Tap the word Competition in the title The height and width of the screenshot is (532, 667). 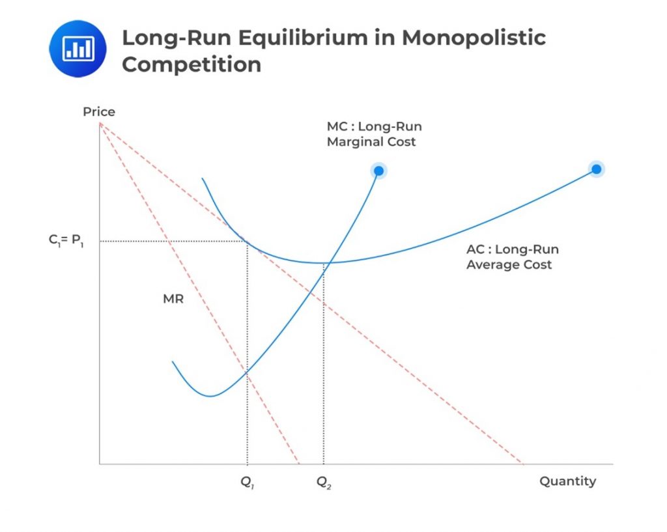[192, 64]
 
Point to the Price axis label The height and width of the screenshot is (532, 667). [99, 112]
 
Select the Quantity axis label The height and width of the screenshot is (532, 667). [567, 481]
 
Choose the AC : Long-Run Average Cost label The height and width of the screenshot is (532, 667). [512, 257]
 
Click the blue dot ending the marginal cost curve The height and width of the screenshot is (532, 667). [378, 171]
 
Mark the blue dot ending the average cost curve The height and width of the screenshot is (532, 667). [596, 169]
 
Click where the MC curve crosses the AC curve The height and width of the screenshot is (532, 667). [329, 262]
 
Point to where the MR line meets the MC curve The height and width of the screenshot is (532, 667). [248, 372]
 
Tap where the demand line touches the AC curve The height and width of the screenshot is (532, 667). [248, 242]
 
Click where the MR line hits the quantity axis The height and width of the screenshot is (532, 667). [299, 464]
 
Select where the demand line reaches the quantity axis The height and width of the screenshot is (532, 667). [523, 464]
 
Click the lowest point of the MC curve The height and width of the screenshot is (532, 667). [210, 395]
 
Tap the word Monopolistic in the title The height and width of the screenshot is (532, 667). [473, 37]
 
